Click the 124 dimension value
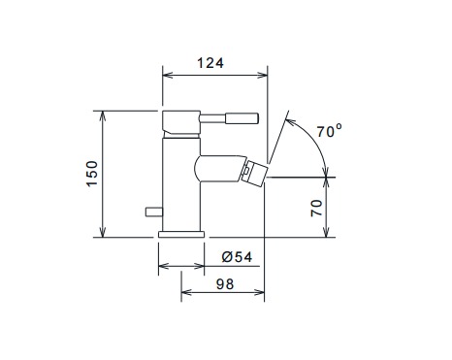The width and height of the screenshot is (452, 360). (210, 63)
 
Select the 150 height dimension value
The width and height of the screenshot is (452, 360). (92, 174)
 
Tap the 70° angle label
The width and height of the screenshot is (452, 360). (329, 131)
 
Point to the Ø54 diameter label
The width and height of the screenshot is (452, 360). (237, 257)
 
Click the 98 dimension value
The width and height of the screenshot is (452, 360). (225, 284)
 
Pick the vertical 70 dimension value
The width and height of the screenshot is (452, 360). (317, 209)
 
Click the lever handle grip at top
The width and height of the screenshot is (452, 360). (242, 118)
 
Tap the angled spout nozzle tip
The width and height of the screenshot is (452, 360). (254, 174)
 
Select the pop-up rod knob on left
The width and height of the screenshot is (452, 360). (154, 212)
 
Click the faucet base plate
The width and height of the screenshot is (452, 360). (181, 235)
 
